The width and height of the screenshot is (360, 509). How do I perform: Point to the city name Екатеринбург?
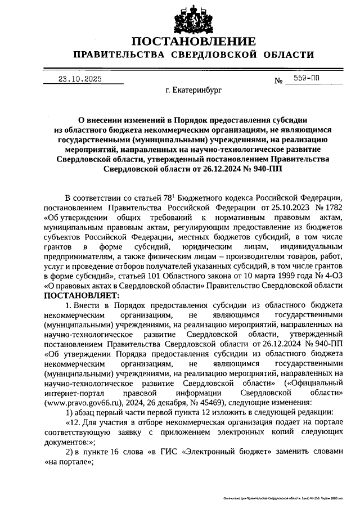point(194,89)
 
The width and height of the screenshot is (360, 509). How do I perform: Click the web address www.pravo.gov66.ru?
point(81,402)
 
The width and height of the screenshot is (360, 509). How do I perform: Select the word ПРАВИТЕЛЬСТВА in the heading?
point(116,55)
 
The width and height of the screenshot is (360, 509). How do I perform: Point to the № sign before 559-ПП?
point(278,80)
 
